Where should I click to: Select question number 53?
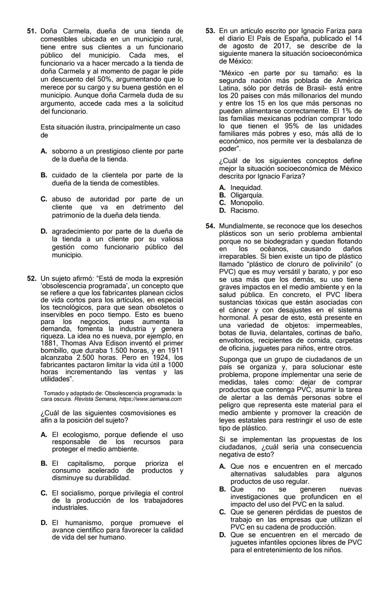click(210, 31)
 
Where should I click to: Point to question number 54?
click(210, 226)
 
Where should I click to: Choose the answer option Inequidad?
click(246, 187)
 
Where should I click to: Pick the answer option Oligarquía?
click(247, 195)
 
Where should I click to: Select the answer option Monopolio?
click(247, 203)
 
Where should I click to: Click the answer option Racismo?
click(245, 210)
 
